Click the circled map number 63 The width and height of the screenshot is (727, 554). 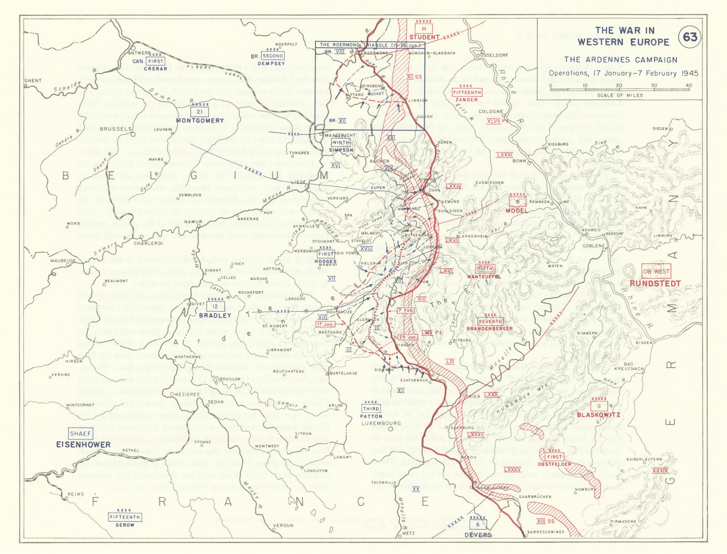(x=690, y=37)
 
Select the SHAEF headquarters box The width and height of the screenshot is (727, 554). (x=80, y=433)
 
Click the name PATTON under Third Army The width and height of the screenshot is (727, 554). (x=371, y=416)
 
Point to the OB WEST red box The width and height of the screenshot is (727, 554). (x=656, y=272)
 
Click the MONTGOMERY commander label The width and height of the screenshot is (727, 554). (x=200, y=121)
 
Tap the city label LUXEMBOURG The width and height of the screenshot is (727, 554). (x=381, y=423)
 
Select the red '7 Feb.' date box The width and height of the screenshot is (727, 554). (x=405, y=310)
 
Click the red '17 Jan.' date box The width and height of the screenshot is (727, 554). (x=325, y=324)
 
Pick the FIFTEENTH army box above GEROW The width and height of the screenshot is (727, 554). (x=124, y=517)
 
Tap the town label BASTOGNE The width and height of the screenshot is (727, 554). (x=330, y=332)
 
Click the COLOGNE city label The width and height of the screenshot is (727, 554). (x=491, y=111)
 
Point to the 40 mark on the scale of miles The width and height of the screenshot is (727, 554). (x=689, y=86)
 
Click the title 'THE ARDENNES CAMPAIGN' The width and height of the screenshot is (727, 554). (x=620, y=60)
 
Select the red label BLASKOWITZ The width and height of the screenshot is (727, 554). (x=598, y=415)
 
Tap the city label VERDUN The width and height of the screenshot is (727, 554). (x=283, y=525)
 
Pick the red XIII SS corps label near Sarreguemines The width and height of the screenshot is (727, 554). (x=545, y=521)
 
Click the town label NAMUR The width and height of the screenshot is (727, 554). (x=193, y=222)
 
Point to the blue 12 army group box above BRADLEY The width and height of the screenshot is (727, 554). (x=215, y=307)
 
